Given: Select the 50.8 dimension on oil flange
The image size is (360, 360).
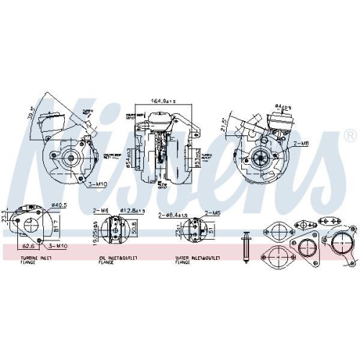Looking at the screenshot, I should coord(135,228).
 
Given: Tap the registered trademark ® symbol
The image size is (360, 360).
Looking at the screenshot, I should coord(349,135).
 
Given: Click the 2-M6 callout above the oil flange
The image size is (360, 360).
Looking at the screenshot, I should coord(100,211).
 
